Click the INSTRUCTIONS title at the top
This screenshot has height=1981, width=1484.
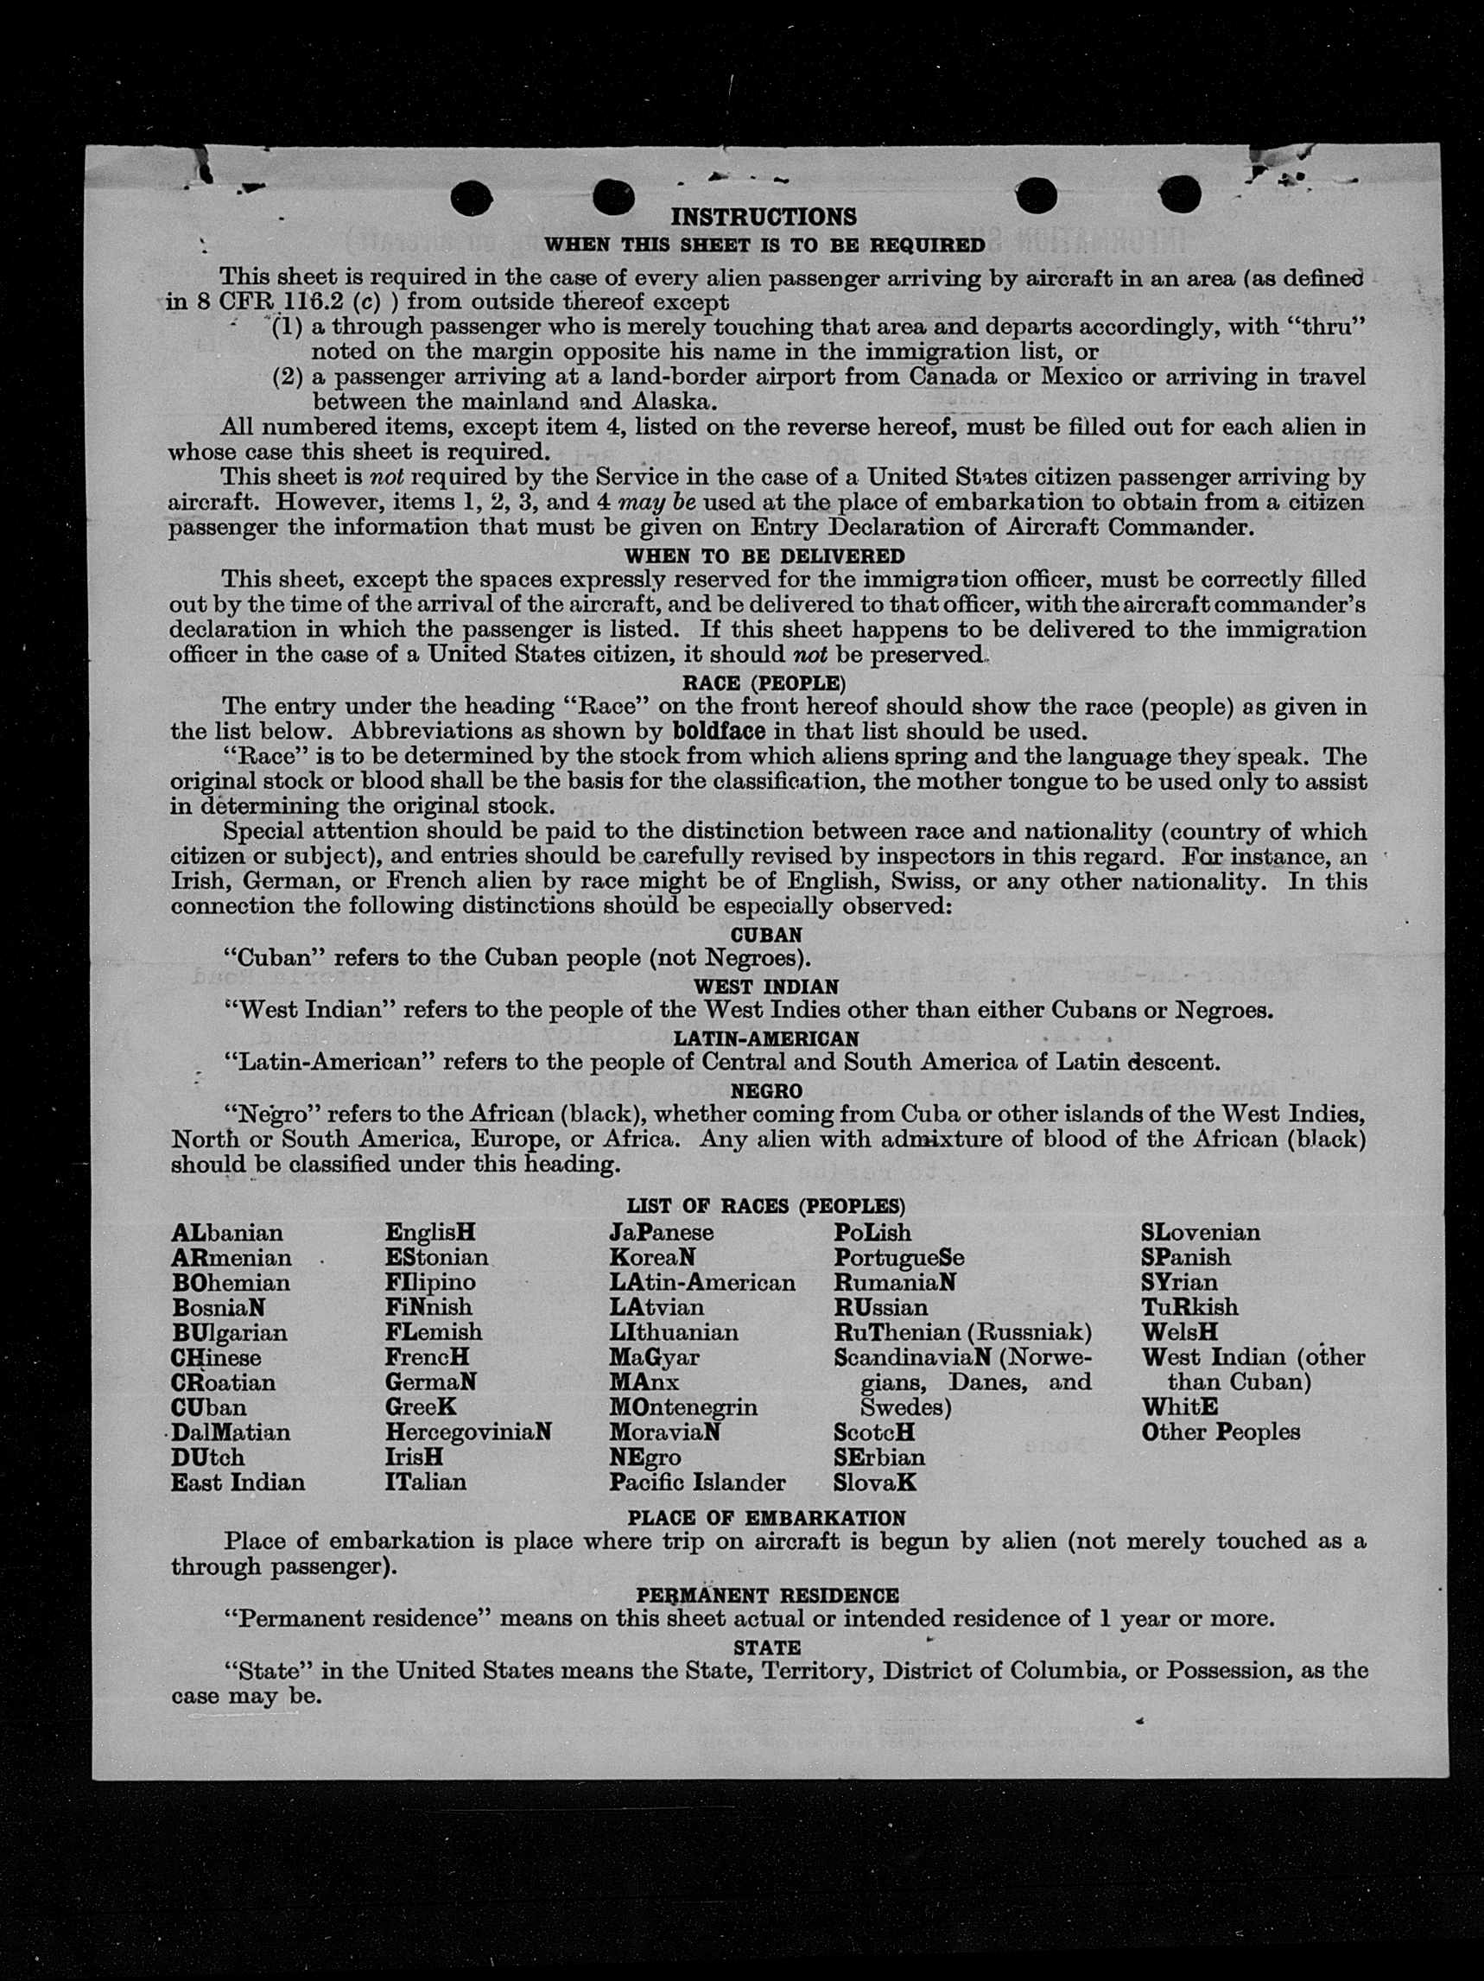click(763, 217)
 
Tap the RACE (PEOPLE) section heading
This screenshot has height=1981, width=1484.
click(764, 683)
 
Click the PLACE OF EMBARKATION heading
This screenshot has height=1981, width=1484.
click(765, 1518)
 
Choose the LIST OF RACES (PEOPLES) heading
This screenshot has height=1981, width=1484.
click(765, 1205)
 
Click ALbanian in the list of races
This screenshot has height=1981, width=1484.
click(226, 1233)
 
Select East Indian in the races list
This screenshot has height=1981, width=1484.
click(238, 1483)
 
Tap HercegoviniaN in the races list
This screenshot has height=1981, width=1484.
click(467, 1432)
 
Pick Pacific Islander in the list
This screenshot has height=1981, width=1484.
click(697, 1483)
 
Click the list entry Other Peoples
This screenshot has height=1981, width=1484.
click(1220, 1432)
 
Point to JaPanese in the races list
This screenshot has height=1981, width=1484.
click(661, 1233)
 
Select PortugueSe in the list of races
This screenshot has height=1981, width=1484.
click(898, 1257)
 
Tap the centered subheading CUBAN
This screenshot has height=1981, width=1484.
click(765, 934)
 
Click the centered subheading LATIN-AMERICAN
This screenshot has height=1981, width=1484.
click(765, 1038)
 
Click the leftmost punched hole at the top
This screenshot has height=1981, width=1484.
click(472, 197)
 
